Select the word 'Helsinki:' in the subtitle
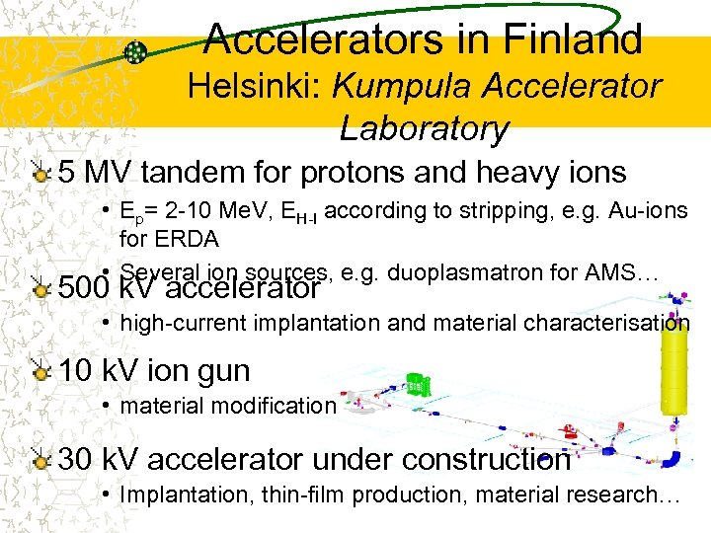(x=255, y=87)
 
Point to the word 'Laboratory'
(x=424, y=128)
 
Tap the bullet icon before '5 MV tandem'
(x=39, y=174)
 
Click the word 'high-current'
(x=184, y=323)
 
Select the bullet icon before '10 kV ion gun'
(x=39, y=372)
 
